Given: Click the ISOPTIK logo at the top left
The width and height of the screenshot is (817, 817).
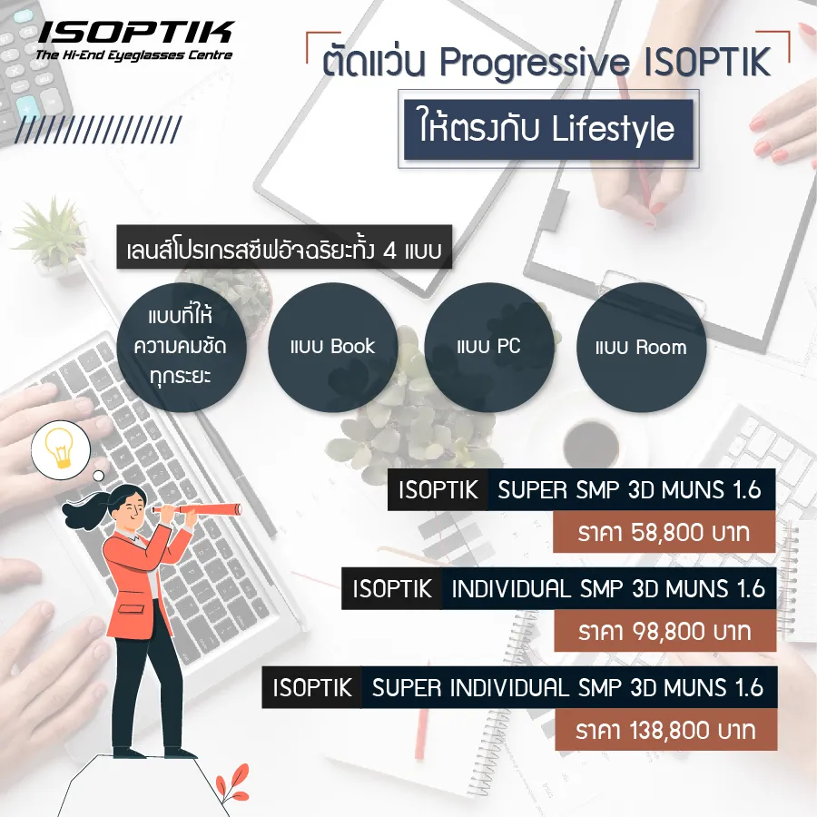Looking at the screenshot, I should pyautogui.click(x=135, y=34).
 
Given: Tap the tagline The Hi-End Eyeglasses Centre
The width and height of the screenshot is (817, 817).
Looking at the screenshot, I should pyautogui.click(x=133, y=55).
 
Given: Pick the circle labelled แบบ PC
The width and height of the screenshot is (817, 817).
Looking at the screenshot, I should pyautogui.click(x=488, y=346).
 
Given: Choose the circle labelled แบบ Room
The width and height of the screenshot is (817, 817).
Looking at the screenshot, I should pyautogui.click(x=641, y=346).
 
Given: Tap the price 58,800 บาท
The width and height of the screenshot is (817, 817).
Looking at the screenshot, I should pyautogui.click(x=664, y=533).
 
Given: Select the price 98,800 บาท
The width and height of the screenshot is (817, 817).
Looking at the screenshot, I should pyautogui.click(x=664, y=630).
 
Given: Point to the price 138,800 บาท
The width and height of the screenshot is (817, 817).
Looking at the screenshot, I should pyautogui.click(x=664, y=729).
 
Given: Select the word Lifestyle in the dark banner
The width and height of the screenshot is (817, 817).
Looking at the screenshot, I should pyautogui.click(x=614, y=128).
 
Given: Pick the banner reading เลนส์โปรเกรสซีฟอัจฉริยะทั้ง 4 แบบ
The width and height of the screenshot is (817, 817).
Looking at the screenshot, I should pyautogui.click(x=285, y=250).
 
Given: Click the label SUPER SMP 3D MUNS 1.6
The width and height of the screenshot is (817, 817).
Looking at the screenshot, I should pyautogui.click(x=630, y=491).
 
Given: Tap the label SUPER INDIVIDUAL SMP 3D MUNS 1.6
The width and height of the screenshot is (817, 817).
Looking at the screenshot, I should pyautogui.click(x=567, y=687).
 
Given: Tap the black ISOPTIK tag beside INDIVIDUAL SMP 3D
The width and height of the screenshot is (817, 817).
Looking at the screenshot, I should pyautogui.click(x=392, y=589).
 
